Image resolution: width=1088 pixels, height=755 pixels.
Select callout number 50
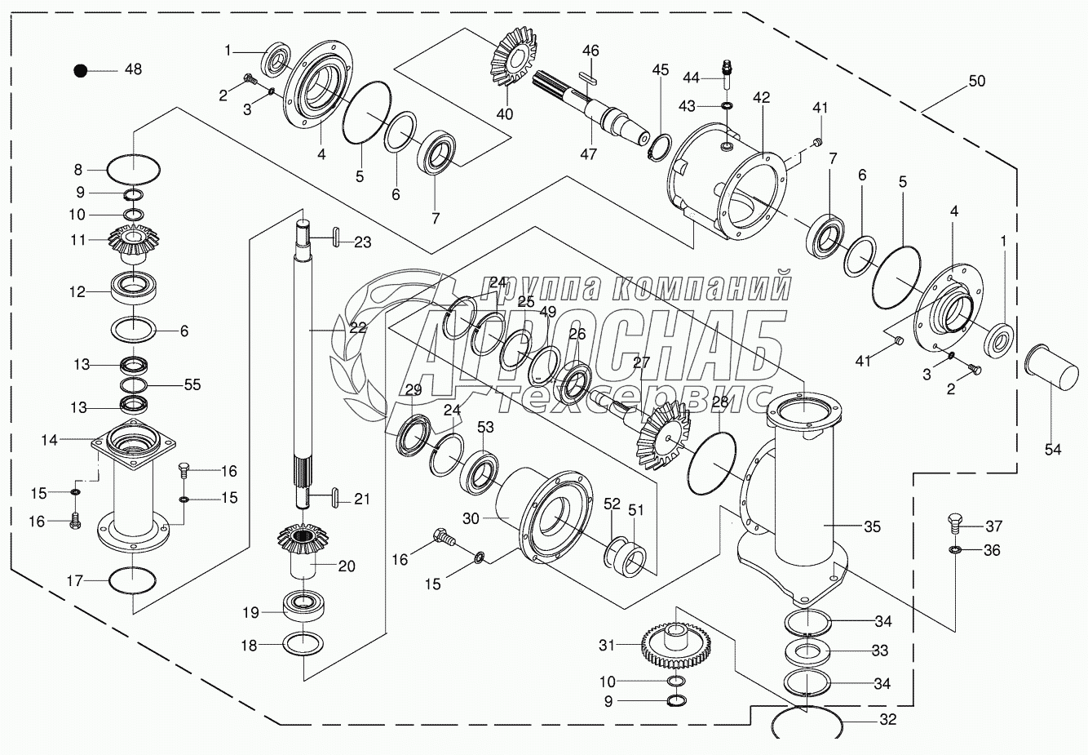point(976,81)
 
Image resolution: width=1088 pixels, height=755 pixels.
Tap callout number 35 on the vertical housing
point(872,527)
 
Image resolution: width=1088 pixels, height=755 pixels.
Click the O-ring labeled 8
point(134,171)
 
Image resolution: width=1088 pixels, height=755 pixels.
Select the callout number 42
point(761,97)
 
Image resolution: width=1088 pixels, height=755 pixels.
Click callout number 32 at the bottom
point(887,720)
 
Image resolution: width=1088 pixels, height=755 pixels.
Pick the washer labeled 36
point(954,552)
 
